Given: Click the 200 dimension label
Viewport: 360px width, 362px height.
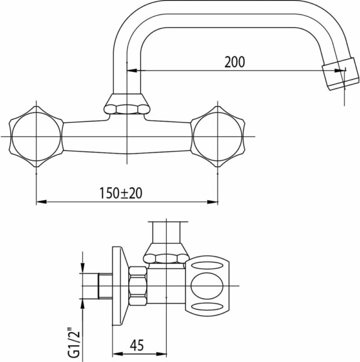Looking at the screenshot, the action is [234, 62].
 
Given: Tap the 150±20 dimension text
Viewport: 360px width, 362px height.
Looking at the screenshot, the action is [121, 193].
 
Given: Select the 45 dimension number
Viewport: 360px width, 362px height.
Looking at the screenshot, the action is [137, 345].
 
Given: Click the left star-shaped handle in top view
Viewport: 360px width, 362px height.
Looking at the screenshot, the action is [36, 136].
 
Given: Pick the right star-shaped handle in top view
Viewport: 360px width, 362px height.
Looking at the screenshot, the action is [217, 136].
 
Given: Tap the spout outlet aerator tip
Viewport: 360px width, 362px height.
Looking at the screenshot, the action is [341, 74].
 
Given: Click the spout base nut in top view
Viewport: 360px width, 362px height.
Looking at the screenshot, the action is [127, 104].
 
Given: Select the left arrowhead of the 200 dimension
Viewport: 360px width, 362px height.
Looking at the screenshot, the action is [132, 71].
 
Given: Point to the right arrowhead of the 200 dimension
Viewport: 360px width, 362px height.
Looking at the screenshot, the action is [340, 71].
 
